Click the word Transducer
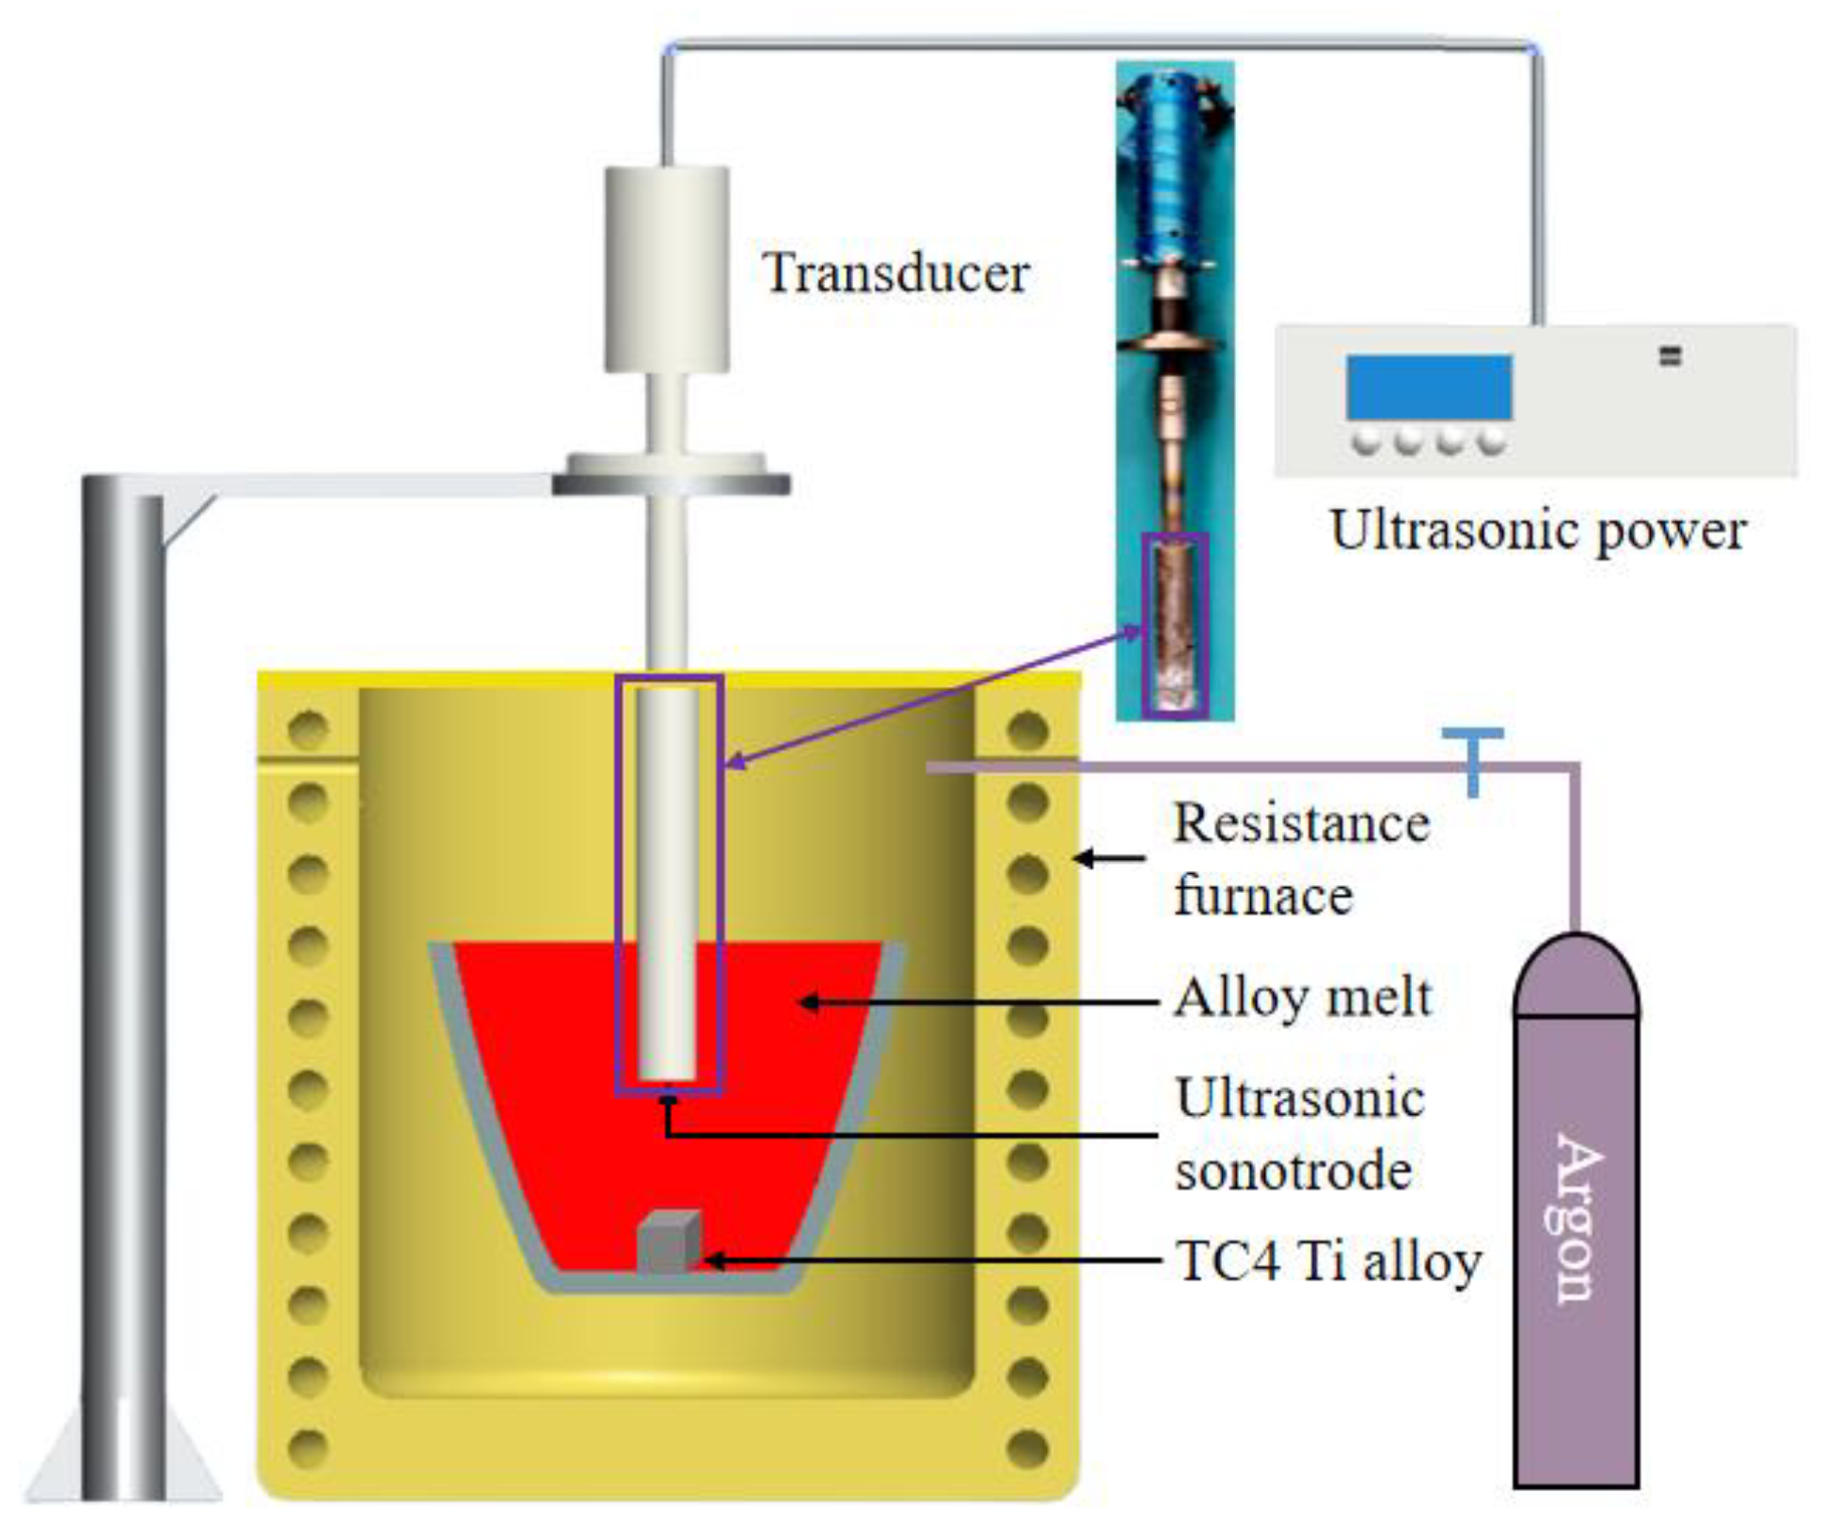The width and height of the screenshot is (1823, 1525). coord(896,274)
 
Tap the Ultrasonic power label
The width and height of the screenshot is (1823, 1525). coord(1538,531)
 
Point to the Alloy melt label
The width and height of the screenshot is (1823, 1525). coord(1303,998)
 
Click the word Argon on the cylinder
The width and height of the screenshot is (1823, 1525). coord(1576,1219)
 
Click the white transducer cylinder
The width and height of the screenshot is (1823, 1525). coord(666,269)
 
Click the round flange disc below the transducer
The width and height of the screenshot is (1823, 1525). coord(670,475)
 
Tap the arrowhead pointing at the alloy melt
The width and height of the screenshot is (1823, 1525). coord(807,1003)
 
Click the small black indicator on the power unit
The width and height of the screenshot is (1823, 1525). coord(1670,357)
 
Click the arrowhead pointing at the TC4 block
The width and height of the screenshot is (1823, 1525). coord(712,1261)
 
